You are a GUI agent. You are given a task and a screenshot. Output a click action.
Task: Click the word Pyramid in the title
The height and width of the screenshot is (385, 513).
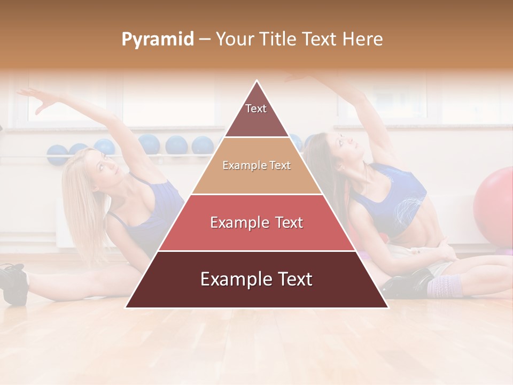[x=157, y=39]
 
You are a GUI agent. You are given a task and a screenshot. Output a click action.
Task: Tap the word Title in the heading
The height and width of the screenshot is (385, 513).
[x=277, y=39]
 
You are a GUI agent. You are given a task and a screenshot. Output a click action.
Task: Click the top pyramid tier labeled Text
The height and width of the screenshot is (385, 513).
[x=256, y=112]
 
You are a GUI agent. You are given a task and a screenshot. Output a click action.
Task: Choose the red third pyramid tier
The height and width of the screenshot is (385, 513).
[x=256, y=222]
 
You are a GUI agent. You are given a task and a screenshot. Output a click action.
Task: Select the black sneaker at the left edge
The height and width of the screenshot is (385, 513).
[x=13, y=283]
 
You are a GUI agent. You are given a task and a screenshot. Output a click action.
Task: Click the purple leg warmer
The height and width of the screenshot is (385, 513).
[x=444, y=287]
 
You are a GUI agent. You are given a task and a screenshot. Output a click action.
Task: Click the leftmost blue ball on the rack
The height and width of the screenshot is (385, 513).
[x=57, y=153]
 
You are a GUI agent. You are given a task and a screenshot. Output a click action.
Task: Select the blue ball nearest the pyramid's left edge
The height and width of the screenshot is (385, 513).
[x=203, y=145]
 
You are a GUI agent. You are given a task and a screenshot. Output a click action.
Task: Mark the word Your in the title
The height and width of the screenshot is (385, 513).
[x=235, y=39]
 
